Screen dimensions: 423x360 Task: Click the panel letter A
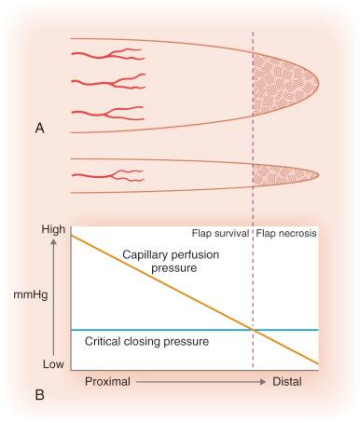click(40, 130)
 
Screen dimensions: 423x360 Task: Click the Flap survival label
click(220, 233)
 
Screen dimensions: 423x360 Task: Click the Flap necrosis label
click(286, 233)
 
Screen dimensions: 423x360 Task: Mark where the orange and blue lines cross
click(253, 330)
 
